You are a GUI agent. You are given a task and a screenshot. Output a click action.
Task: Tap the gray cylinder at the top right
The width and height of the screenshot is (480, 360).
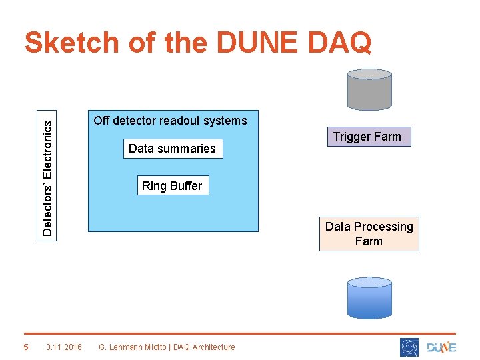tap(369, 89)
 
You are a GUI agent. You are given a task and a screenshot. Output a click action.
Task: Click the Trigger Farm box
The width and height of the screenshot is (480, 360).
tap(367, 137)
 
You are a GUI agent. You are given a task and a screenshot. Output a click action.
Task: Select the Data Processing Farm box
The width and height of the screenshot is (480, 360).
tap(369, 234)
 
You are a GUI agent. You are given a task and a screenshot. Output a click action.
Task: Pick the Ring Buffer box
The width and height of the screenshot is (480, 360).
tap(171, 186)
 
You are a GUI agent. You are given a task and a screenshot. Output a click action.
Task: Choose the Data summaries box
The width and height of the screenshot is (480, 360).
tap(172, 149)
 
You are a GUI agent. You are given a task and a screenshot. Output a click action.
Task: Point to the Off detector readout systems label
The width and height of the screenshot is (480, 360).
tap(170, 121)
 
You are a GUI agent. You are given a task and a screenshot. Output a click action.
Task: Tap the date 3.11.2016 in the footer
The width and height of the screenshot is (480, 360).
tap(64, 347)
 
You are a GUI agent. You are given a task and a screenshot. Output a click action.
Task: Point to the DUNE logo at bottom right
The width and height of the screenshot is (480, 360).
tap(441, 347)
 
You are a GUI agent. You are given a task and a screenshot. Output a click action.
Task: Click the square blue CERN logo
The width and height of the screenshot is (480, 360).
tap(409, 347)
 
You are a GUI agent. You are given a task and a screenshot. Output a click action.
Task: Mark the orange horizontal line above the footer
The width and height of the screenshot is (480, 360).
tap(240, 333)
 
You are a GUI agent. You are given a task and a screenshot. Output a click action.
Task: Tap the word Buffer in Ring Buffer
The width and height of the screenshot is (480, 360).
tap(185, 186)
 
